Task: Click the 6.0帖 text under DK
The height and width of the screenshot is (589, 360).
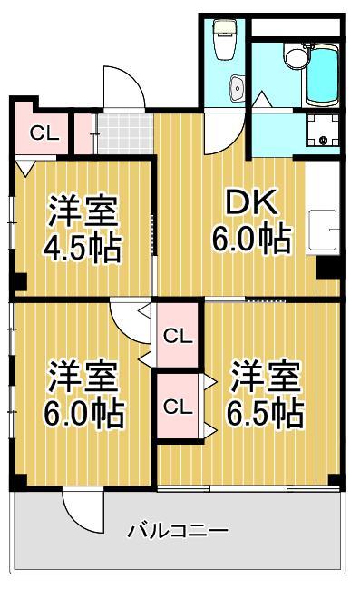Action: point(252,240)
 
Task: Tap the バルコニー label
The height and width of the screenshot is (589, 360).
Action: point(178,530)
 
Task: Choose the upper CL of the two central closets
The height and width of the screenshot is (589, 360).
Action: point(178,336)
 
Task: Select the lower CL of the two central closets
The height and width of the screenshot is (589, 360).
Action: point(178,407)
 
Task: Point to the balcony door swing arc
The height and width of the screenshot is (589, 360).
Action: point(83,513)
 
